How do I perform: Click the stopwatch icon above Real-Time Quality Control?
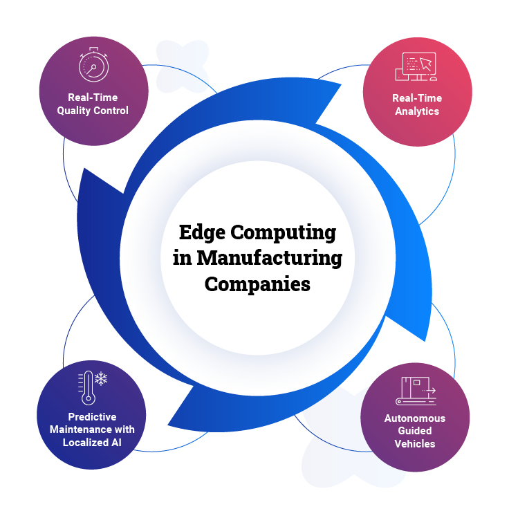click(x=93, y=66)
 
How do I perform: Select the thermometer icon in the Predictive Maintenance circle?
click(x=86, y=387)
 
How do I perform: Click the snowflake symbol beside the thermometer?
click(x=102, y=379)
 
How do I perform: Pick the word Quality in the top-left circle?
click(x=82, y=110)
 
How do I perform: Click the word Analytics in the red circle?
click(x=417, y=110)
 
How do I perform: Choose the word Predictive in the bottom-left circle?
click(x=92, y=417)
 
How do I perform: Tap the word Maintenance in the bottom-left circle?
click(x=75, y=429)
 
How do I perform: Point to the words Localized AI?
click(x=91, y=442)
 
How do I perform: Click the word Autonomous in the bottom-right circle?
click(x=415, y=418)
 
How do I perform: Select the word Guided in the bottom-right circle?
click(x=415, y=431)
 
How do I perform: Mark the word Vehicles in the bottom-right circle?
click(x=415, y=443)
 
